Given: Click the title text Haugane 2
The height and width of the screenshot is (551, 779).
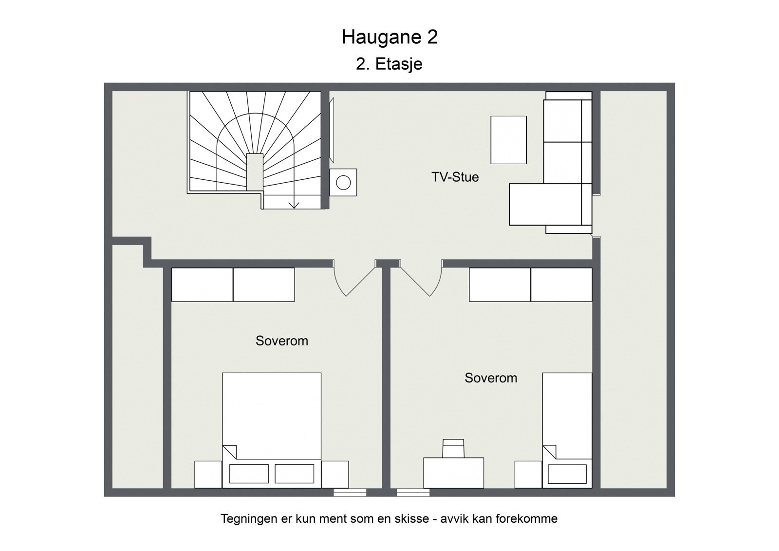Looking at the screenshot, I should (389, 37).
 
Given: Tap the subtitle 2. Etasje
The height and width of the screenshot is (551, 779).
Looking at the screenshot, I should (389, 64).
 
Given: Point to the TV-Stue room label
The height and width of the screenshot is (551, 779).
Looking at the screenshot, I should (455, 177).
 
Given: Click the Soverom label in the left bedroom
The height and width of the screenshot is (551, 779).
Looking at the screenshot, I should (281, 341).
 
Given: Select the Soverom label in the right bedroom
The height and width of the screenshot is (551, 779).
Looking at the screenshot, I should (490, 378).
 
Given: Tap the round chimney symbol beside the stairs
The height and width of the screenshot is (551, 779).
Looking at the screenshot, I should (343, 183).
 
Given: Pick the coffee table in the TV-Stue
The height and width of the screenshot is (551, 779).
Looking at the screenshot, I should (508, 140).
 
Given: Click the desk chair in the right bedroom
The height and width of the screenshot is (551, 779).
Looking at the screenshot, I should (453, 448).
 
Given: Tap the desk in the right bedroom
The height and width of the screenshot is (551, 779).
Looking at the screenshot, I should (453, 473).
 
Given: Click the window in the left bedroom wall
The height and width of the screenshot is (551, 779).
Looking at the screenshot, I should (350, 493).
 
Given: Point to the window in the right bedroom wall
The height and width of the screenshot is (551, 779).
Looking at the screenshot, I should (413, 493).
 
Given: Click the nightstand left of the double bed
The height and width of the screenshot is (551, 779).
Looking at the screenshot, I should (208, 474).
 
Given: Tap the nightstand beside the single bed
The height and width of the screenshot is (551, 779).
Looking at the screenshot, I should (528, 474).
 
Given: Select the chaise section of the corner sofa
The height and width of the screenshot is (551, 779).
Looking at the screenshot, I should (545, 205).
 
